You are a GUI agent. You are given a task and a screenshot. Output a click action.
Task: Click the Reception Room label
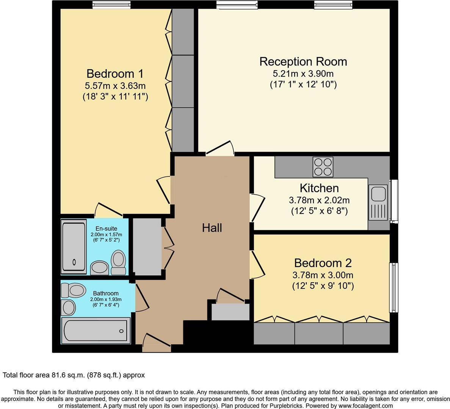point(303,61)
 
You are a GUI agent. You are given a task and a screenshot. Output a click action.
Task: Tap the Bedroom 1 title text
point(115,73)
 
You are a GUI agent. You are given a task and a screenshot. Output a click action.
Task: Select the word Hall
point(212,228)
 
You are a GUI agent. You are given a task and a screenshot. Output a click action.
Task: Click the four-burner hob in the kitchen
point(323,167)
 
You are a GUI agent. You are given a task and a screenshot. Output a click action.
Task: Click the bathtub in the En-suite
point(74,247)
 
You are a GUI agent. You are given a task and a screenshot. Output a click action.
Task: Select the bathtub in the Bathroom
point(96,331)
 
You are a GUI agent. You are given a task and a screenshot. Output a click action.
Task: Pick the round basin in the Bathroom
point(69,307)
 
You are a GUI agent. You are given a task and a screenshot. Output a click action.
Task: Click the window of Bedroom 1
point(112,5)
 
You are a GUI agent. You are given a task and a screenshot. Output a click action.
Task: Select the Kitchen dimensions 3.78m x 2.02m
point(319,200)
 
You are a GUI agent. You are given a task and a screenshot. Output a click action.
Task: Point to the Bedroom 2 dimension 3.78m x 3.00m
point(323,275)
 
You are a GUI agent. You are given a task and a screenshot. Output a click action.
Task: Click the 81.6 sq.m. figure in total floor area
point(68,375)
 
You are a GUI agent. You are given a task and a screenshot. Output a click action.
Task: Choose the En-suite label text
point(106,228)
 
